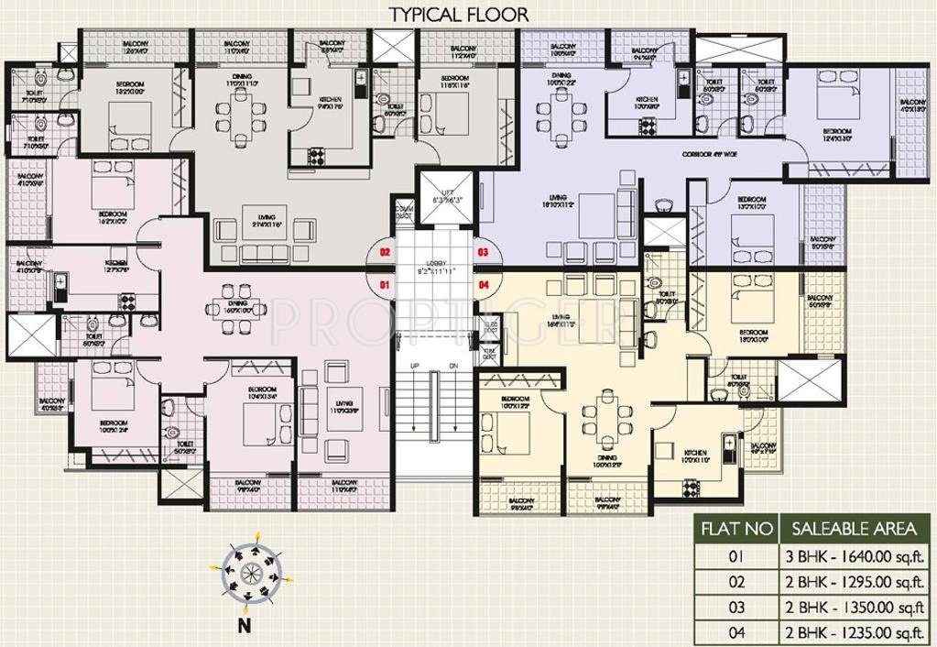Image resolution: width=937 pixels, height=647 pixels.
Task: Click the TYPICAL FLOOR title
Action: pyautogui.click(x=459, y=14)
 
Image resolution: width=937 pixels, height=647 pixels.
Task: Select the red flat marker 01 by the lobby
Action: pyautogui.click(x=386, y=285)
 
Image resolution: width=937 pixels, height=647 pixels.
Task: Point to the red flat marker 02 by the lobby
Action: pyautogui.click(x=386, y=251)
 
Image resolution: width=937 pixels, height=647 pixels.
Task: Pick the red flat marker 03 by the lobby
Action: pyautogui.click(x=483, y=251)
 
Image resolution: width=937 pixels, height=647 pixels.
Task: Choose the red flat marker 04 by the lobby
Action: pyautogui.click(x=483, y=285)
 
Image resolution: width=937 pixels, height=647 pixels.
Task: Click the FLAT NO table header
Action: pyautogui.click(x=731, y=529)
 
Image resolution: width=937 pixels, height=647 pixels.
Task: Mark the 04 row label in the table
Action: pyautogui.click(x=731, y=631)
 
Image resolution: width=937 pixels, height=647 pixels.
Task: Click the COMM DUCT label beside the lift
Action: pyautogui.click(x=402, y=212)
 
